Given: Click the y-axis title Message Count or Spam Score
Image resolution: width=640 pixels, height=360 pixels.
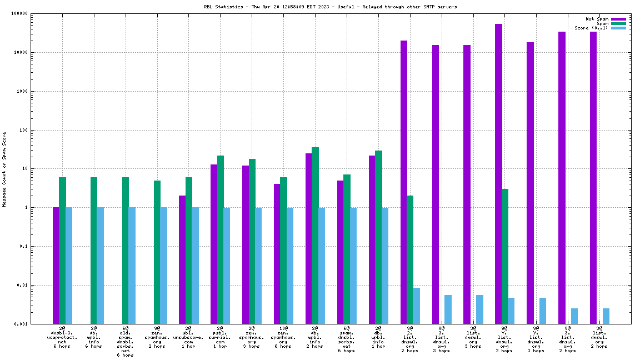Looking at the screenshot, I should point(4,169).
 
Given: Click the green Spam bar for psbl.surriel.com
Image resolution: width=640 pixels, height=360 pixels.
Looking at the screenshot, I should point(221,239).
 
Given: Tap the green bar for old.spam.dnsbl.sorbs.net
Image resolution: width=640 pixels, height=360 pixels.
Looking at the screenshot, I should point(126,251).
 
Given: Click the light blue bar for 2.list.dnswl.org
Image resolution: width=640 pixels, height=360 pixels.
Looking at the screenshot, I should point(417,306).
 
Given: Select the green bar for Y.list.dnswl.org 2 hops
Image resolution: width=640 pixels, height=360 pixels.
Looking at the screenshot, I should point(505,256).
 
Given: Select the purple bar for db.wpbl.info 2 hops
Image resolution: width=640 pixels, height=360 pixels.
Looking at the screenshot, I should point(308,238).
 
